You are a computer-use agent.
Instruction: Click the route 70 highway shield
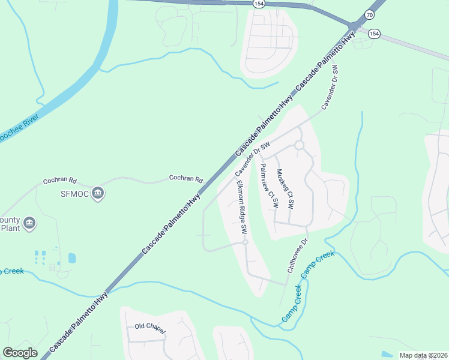click(x=369, y=14)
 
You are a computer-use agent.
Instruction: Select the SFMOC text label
click(x=75, y=193)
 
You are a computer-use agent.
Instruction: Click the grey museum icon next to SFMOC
click(x=98, y=193)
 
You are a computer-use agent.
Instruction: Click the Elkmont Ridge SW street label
click(x=241, y=207)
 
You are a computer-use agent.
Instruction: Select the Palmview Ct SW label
click(x=268, y=186)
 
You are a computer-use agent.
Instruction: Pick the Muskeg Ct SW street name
click(x=285, y=188)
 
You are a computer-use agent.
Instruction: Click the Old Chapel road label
click(x=150, y=326)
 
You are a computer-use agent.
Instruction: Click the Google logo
click(x=20, y=352)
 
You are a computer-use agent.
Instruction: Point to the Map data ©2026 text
click(x=423, y=356)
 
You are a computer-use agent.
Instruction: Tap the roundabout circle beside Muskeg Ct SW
click(x=299, y=145)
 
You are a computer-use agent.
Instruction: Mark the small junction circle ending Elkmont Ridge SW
click(x=245, y=242)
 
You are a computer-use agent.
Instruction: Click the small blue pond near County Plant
click(x=72, y=258)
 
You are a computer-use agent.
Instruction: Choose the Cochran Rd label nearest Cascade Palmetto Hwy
click(x=186, y=178)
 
